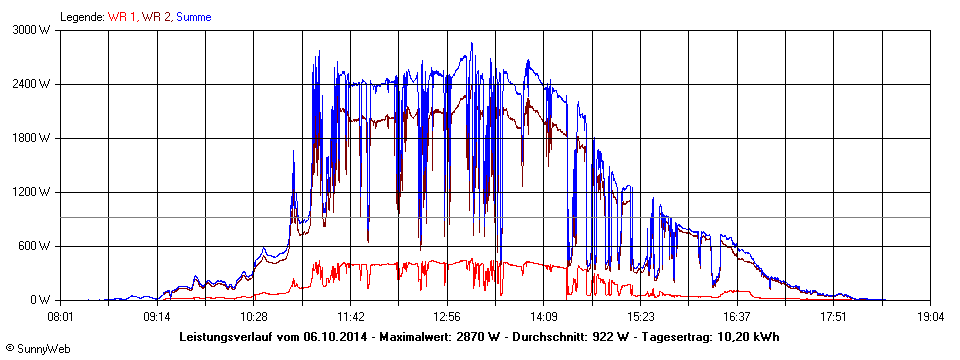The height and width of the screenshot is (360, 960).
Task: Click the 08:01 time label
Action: pyautogui.click(x=61, y=315)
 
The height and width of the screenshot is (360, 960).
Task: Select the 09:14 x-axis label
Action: pyautogui.click(x=157, y=315)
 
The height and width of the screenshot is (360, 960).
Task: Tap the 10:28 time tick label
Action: pyautogui.click(x=254, y=315)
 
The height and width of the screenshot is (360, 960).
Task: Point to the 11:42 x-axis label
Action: pyautogui.click(x=350, y=315)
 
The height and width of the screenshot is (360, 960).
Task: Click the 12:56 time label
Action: pyautogui.click(x=447, y=315)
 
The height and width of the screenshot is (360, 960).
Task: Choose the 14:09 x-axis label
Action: pyautogui.click(x=543, y=315)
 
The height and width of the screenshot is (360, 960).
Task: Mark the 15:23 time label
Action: pyautogui.click(x=640, y=315)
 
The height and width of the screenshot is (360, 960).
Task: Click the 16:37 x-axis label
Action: pyautogui.click(x=736, y=315)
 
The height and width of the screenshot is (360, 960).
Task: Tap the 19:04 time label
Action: pyautogui.click(x=929, y=315)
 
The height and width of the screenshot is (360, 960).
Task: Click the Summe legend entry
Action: pyautogui.click(x=193, y=17)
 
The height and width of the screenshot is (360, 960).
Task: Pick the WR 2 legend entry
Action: pyautogui.click(x=156, y=17)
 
